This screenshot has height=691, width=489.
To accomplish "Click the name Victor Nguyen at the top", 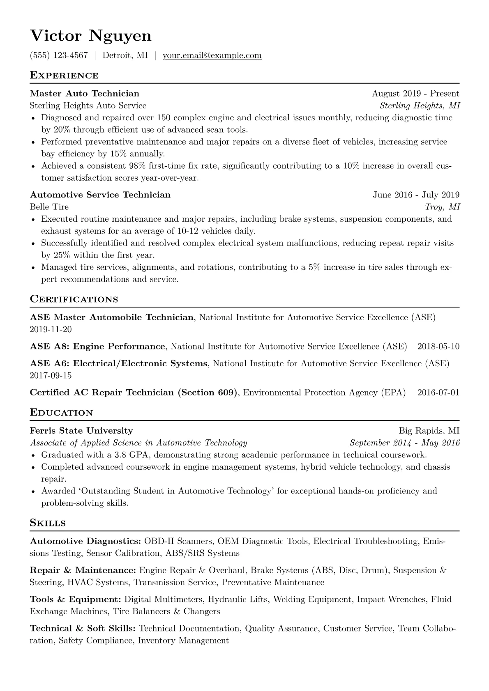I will [x=91, y=36].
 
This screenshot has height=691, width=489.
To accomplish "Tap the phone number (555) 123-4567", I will [x=59, y=55].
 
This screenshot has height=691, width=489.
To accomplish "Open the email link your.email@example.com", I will [x=212, y=55].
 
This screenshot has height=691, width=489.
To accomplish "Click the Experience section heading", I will [x=64, y=76].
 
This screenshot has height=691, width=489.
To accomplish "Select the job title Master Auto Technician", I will [x=85, y=94].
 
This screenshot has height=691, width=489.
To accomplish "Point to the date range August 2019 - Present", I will [x=415, y=94].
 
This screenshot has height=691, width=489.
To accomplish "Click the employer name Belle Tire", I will [x=49, y=207].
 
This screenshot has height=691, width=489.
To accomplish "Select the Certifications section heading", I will [x=74, y=299].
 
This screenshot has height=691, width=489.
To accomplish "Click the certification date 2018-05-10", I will [x=438, y=347].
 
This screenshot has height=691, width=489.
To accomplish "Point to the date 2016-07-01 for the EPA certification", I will [x=438, y=393].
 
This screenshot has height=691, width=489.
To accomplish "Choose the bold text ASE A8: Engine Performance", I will [x=97, y=347].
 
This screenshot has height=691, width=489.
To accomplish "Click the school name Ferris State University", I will [x=81, y=431].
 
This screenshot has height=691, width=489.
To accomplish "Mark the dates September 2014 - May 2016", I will [x=404, y=443].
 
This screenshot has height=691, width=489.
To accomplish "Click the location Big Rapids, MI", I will [x=429, y=431].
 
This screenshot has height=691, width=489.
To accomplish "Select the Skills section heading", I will [x=48, y=523].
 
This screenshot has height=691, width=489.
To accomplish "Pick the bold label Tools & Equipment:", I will [x=76, y=599].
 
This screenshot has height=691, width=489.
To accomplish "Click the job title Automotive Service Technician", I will [x=100, y=195].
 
